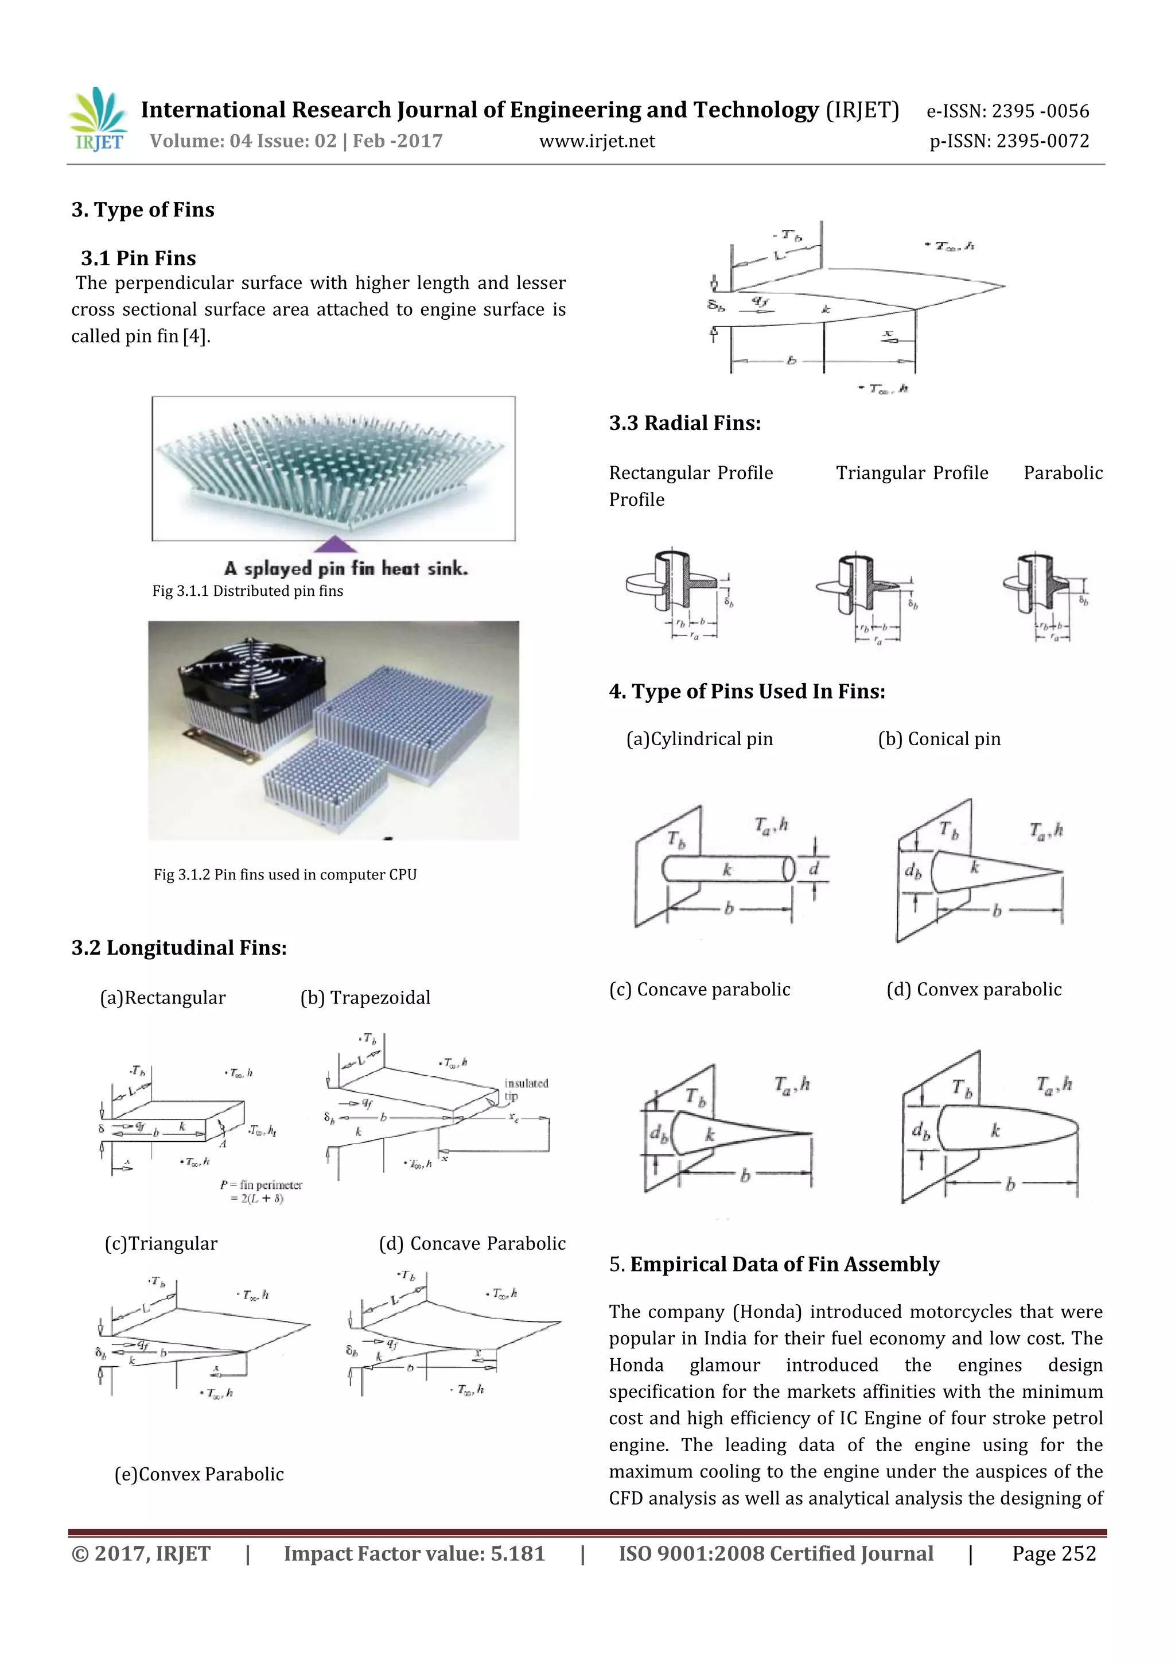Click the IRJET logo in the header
[99, 119]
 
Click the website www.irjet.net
[597, 141]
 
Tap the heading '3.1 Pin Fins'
[138, 258]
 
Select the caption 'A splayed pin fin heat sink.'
[346, 568]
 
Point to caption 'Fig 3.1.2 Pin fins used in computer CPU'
[285, 874]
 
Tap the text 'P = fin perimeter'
[260, 1185]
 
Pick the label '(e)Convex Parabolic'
[199, 1474]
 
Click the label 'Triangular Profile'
[912, 473]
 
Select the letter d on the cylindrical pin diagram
[813, 869]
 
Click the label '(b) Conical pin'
[939, 739]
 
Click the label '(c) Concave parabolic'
[699, 990]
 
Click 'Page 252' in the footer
[1053, 1553]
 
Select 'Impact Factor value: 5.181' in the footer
[414, 1553]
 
